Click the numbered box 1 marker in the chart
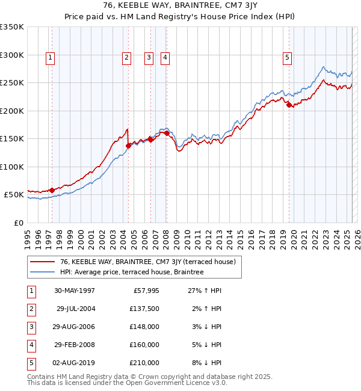[49, 58]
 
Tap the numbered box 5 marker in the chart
[287, 58]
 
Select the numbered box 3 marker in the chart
[148, 58]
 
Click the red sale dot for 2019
[289, 105]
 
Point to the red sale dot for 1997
[52, 190]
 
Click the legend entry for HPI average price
[132, 272]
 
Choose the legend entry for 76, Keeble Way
[143, 262]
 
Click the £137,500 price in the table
[145, 309]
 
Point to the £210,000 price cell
[145, 363]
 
